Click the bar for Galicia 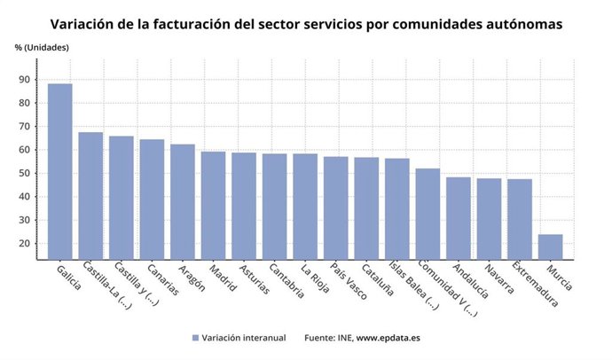[59, 171]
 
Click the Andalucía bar [458, 218]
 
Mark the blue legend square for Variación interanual [195, 338]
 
